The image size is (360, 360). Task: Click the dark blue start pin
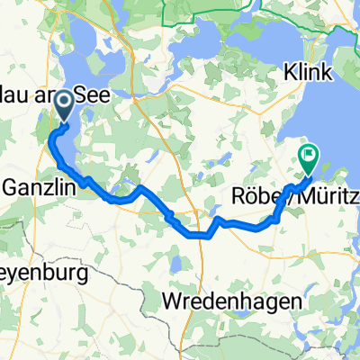pyautogui.click(x=66, y=111)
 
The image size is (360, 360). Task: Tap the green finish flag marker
pyautogui.click(x=308, y=157)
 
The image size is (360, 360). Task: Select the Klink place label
pyautogui.click(x=309, y=70)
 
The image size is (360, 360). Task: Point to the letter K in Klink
pyautogui.click(x=290, y=70)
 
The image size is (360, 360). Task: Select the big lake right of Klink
pyautogui.click(x=346, y=108)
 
